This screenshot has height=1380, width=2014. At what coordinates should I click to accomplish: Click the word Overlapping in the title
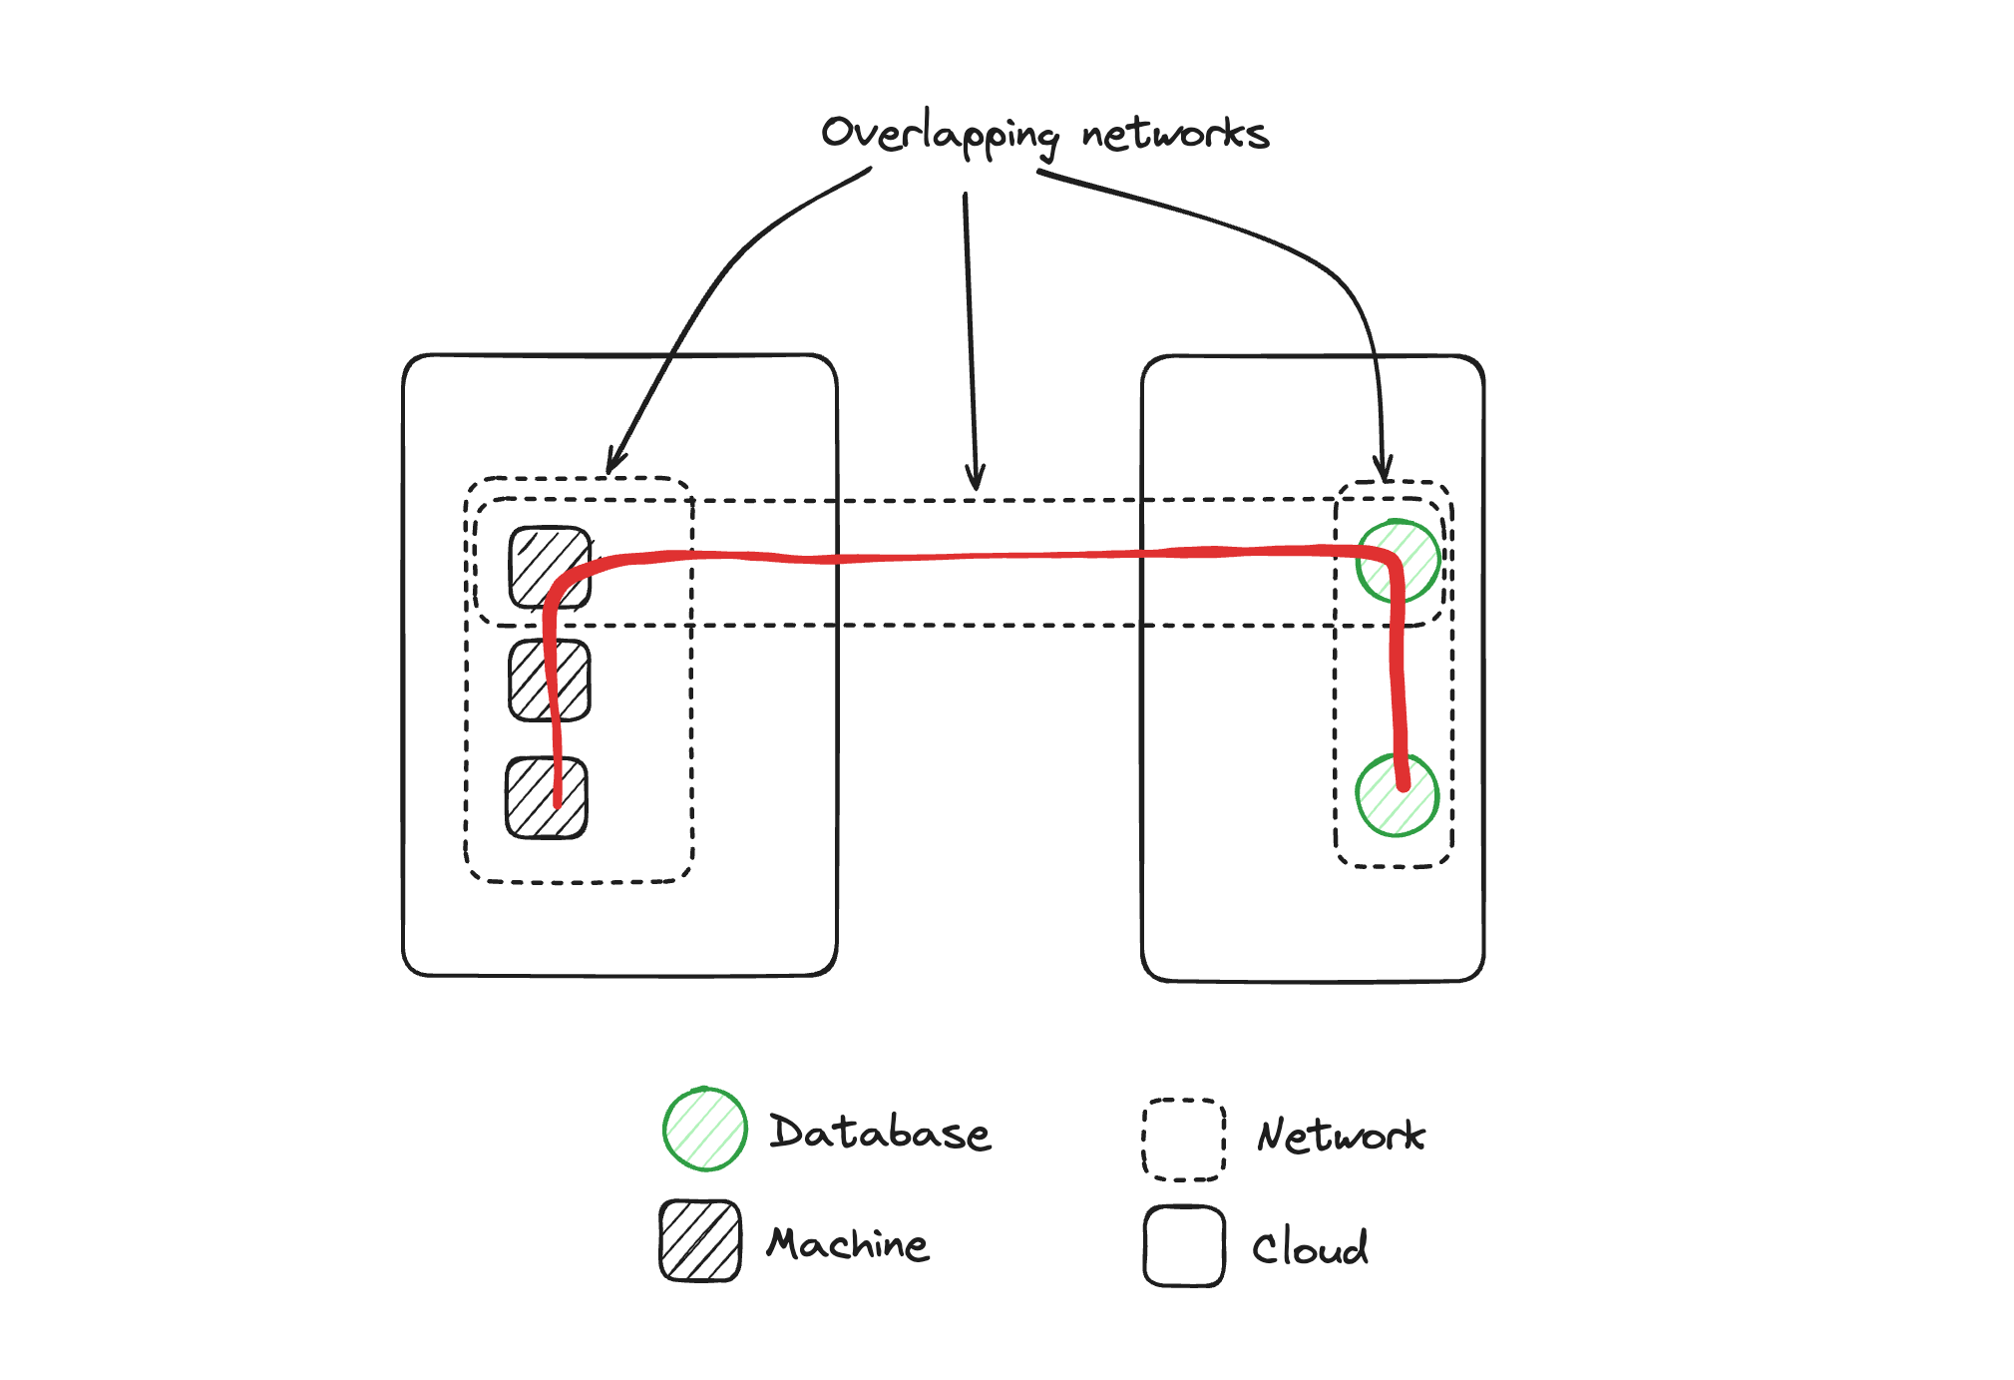coord(939,135)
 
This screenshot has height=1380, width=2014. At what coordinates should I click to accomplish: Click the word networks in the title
coord(1175,135)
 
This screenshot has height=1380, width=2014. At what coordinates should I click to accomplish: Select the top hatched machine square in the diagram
coord(550,567)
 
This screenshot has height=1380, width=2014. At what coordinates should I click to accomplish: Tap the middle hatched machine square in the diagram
coord(550,681)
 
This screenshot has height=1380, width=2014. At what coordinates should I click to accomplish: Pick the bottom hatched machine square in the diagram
coord(547,798)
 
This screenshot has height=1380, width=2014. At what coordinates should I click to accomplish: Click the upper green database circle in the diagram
coord(1399,561)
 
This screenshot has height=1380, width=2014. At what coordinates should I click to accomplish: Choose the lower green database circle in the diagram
coord(1397,795)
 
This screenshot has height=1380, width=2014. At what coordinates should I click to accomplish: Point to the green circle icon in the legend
coord(705,1129)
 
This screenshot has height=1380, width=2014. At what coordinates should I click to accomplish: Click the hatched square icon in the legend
coord(700,1240)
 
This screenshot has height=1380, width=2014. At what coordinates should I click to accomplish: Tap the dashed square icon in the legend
coord(1184,1140)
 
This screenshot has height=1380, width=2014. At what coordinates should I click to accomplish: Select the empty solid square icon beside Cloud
coord(1184,1246)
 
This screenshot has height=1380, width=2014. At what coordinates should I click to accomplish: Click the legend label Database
coord(880,1133)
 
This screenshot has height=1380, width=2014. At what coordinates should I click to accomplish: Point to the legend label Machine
coord(848,1244)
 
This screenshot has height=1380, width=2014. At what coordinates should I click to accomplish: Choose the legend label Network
coord(1341,1136)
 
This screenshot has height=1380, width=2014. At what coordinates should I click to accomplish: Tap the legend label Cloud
coord(1310,1248)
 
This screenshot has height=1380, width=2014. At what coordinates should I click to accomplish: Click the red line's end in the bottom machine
coord(558,800)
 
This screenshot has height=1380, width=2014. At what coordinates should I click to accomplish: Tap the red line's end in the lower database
coord(1403,784)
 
